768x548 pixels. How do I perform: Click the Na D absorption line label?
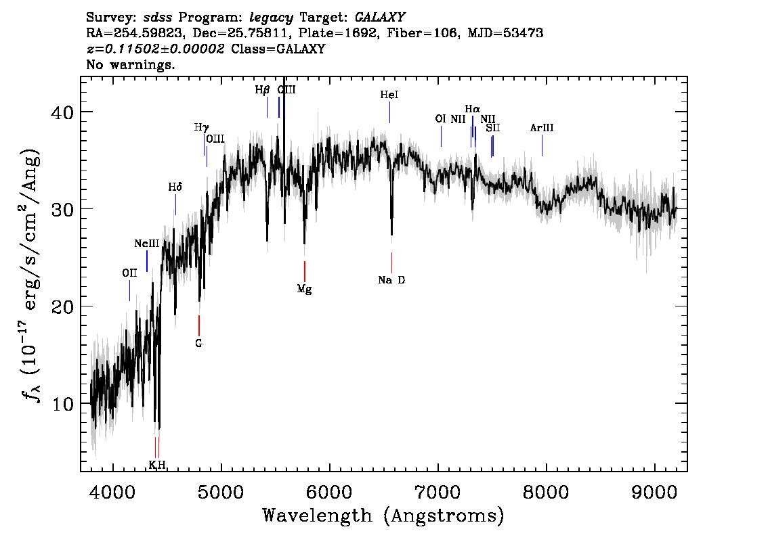391,280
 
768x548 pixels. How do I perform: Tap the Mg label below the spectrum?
304,289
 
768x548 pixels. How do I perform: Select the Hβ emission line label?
262,90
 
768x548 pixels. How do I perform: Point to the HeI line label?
389,95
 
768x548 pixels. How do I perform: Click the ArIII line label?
542,128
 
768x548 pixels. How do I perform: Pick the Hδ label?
175,187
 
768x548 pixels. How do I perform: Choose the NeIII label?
147,244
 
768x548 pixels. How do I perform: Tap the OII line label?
129,273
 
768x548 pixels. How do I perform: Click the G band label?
198,344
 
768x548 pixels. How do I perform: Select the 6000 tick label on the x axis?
329,493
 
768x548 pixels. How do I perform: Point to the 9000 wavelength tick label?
654,493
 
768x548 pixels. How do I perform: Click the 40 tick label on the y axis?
62,112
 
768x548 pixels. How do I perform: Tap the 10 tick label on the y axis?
62,404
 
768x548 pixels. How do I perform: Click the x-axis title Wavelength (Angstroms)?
383,516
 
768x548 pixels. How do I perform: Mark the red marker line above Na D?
392,262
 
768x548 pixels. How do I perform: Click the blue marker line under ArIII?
542,145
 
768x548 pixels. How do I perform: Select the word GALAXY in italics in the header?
380,18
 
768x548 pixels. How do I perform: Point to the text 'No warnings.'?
130,64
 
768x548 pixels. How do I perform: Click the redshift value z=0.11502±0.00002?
155,49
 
